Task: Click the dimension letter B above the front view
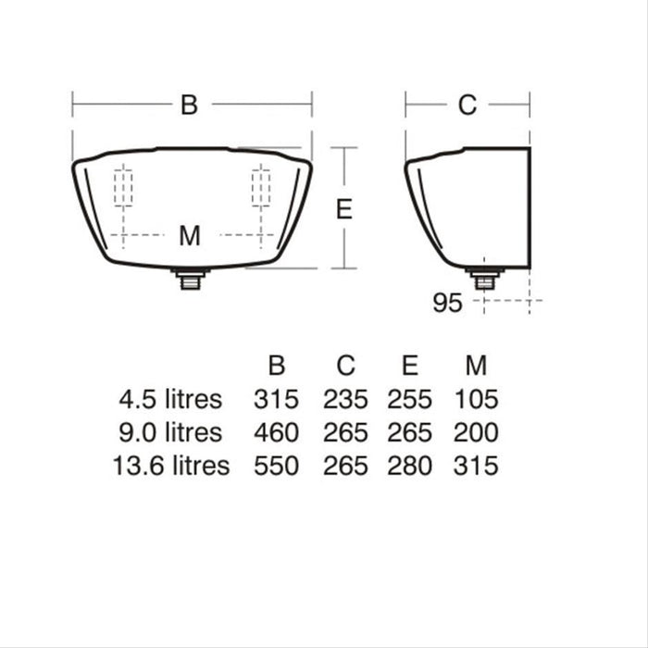[189, 105]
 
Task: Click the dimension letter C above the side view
[467, 105]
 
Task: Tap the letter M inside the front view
[189, 236]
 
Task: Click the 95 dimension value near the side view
[446, 303]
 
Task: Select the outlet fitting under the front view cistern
[192, 278]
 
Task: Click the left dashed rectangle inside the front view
[123, 189]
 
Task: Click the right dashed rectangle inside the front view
[261, 189]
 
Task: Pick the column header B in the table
[276, 366]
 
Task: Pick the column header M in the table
[476, 366]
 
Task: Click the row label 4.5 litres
[170, 399]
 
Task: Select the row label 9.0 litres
[170, 432]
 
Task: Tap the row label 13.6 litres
[170, 466]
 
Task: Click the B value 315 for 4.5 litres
[276, 399]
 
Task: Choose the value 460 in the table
[276, 432]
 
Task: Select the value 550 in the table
[276, 466]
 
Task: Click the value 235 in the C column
[345, 399]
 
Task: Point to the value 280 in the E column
[409, 466]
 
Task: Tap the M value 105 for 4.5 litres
[476, 399]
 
